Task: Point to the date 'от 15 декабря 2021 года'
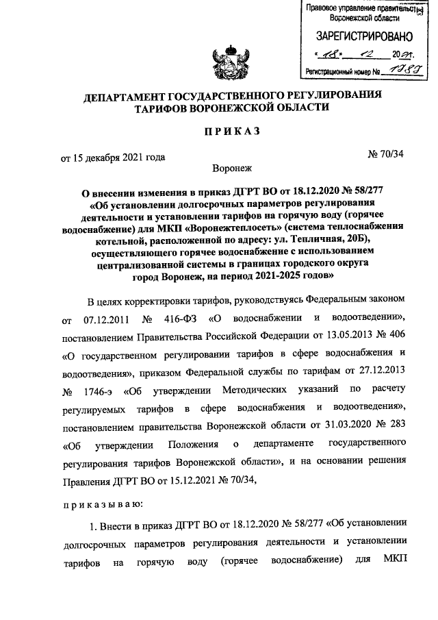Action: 113,157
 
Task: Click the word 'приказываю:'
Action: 101,504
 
